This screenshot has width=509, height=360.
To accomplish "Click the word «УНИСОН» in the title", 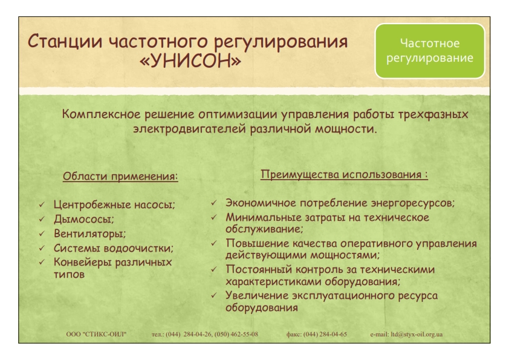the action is point(190,61).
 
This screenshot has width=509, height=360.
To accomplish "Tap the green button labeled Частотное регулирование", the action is point(430,51).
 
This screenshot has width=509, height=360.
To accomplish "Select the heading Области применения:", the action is point(120,177).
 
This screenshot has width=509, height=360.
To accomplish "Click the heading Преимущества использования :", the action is point(344,174).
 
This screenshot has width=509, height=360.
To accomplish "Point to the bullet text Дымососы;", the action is point(84,219).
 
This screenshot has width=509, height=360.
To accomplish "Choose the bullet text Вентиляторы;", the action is point(89,234).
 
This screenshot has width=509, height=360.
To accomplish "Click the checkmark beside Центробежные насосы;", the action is point(42,205).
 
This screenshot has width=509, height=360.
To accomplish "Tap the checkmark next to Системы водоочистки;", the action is point(42,248).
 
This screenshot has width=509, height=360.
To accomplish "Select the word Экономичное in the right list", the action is point(261,203).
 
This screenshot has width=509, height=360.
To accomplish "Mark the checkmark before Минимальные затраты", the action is point(213,217).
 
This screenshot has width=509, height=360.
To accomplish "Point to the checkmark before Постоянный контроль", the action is point(213,269).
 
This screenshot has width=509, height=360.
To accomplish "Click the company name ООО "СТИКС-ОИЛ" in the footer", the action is point(96,335).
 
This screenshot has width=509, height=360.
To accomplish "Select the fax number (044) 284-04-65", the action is point(325,335).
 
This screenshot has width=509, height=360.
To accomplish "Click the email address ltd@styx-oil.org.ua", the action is point(417,335).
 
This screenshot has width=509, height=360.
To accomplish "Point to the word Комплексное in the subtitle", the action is point(102,114).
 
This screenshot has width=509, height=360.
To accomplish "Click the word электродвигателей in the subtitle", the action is point(190,129).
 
